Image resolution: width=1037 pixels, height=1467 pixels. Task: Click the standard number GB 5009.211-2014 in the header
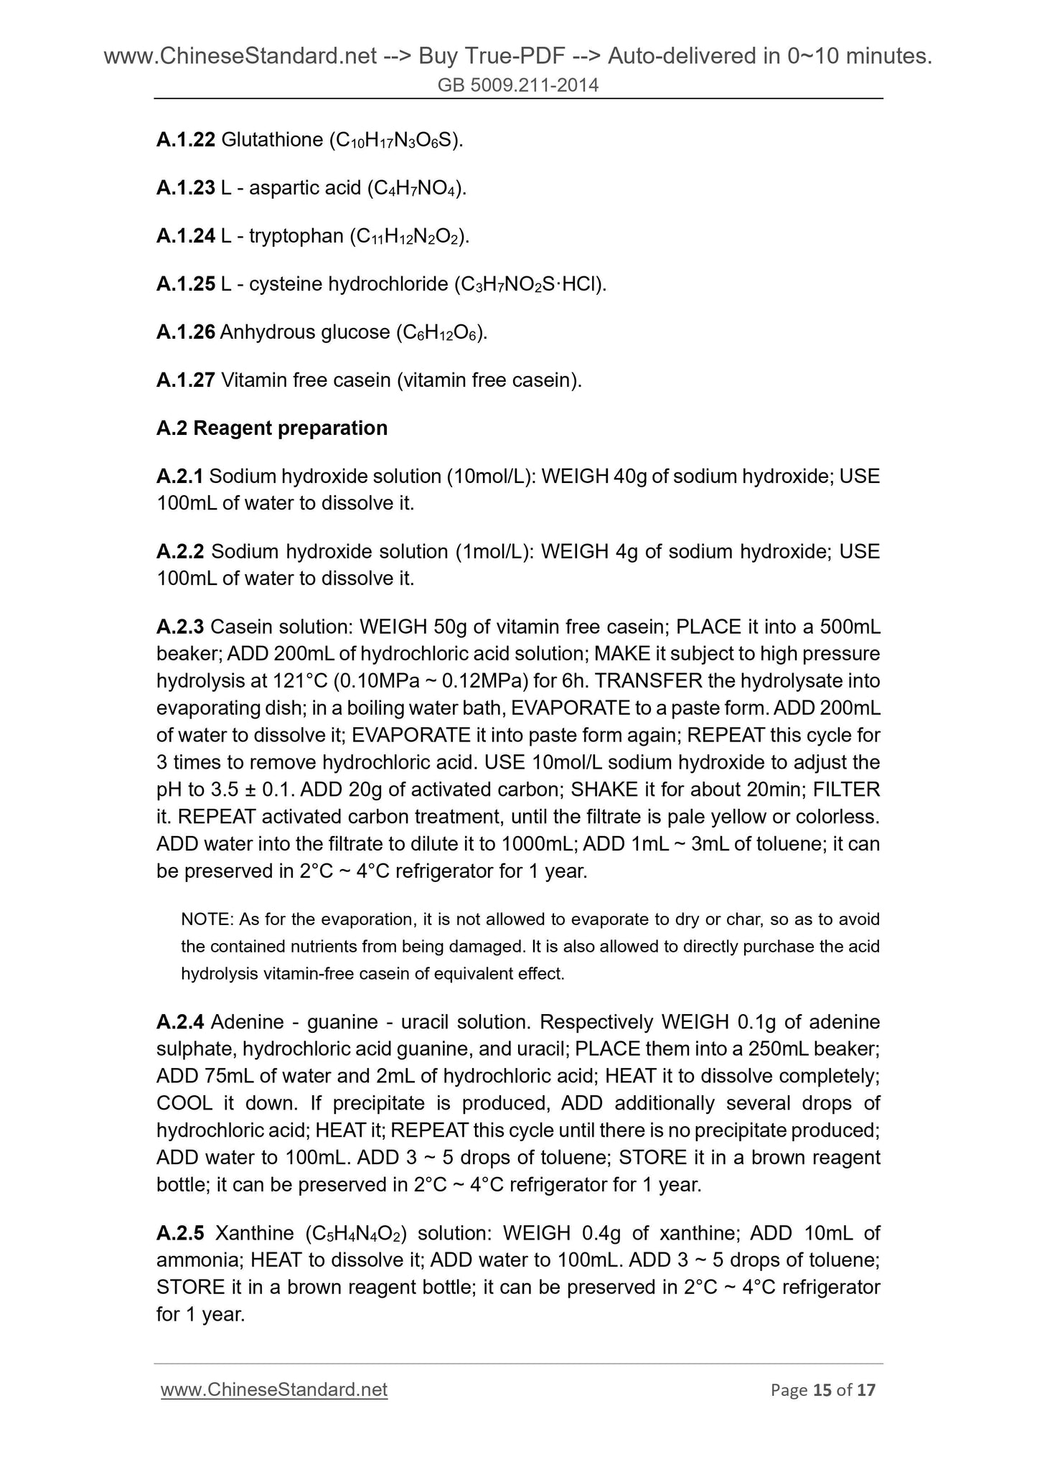[x=518, y=86]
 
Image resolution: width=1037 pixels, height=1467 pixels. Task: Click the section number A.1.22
[x=185, y=140]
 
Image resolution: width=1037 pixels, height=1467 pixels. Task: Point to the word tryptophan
[x=296, y=236]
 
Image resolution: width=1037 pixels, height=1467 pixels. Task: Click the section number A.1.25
[x=185, y=284]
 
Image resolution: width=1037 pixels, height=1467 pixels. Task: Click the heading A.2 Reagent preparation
[x=271, y=428]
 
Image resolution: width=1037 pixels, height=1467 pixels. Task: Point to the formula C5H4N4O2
[x=355, y=1233]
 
